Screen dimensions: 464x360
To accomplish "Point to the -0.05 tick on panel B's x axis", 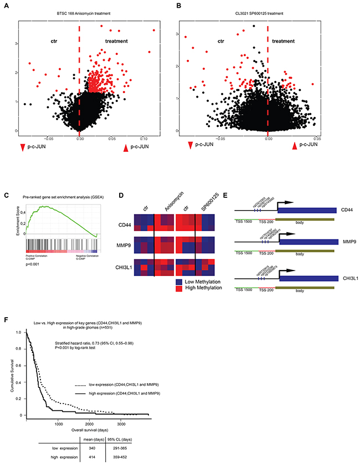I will click(219, 138).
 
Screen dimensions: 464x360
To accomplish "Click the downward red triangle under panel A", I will click(22, 147).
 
